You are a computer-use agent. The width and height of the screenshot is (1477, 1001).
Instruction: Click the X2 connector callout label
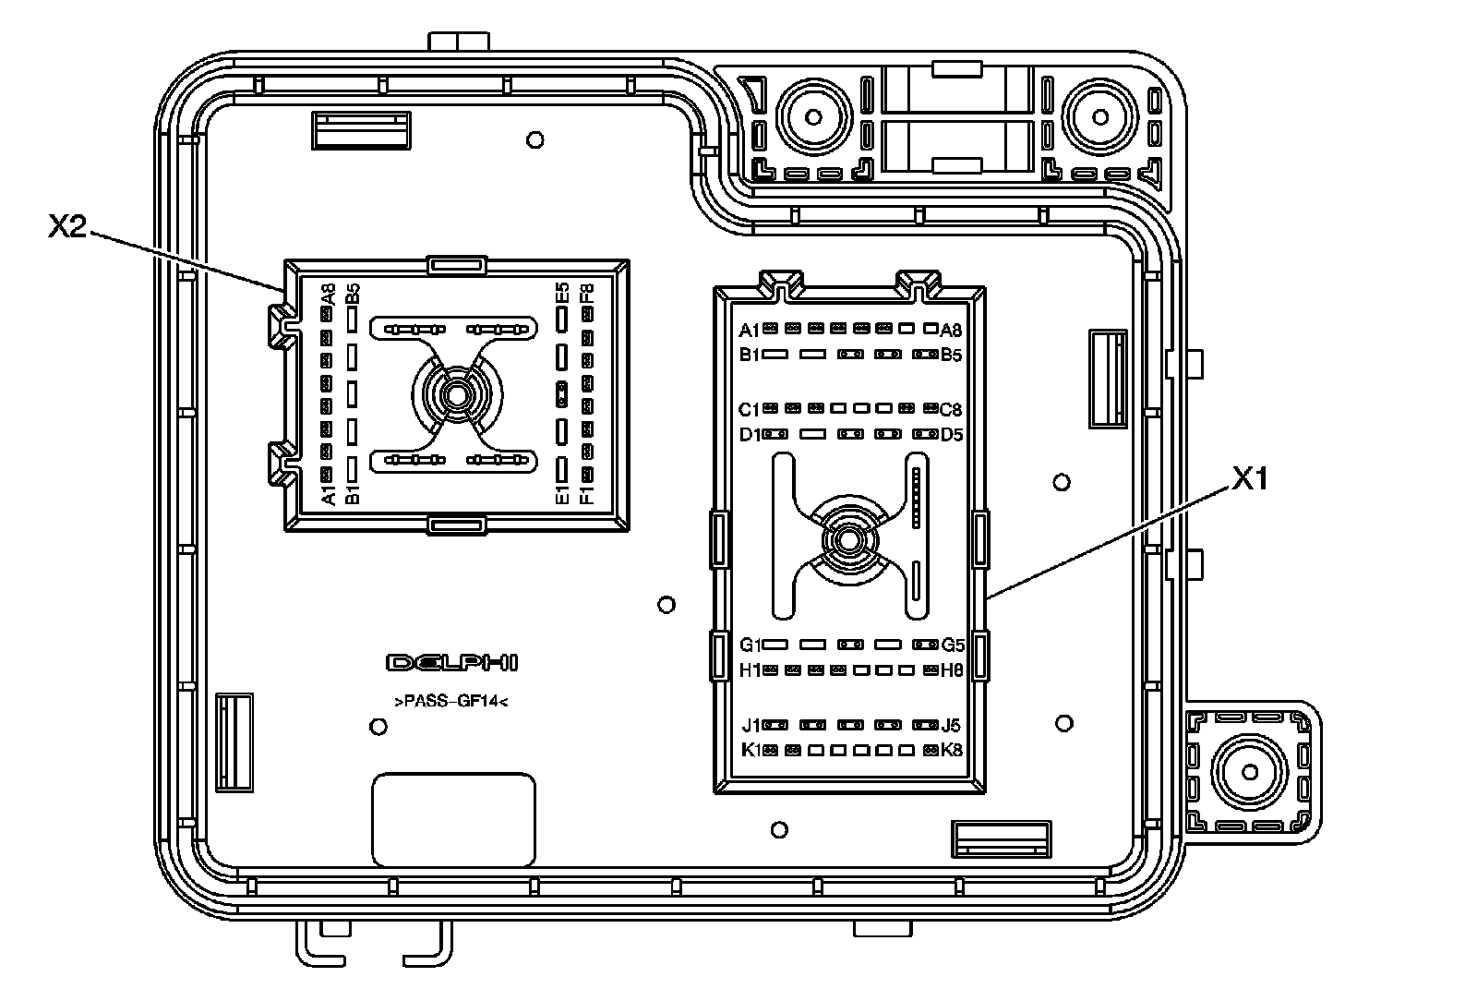pos(67,227)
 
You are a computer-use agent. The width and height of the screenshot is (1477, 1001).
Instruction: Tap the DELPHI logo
pos(452,663)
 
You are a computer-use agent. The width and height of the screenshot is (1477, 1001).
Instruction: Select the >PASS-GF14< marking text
pos(451,702)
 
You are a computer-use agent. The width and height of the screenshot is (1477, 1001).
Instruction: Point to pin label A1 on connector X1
pos(749,330)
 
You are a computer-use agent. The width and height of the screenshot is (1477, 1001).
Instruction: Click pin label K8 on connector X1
pos(952,750)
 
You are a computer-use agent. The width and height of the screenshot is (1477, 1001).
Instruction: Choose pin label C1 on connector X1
pos(749,409)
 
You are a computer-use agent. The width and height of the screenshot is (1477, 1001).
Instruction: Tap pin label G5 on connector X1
pos(953,645)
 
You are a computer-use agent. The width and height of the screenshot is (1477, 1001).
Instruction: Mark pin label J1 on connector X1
pos(751,726)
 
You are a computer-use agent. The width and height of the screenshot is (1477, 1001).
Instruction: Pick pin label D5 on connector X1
pos(952,434)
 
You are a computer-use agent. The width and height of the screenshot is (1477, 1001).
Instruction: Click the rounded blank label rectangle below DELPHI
pos(453,820)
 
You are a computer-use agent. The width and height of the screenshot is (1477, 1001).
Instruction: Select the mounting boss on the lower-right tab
pos(1251,771)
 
